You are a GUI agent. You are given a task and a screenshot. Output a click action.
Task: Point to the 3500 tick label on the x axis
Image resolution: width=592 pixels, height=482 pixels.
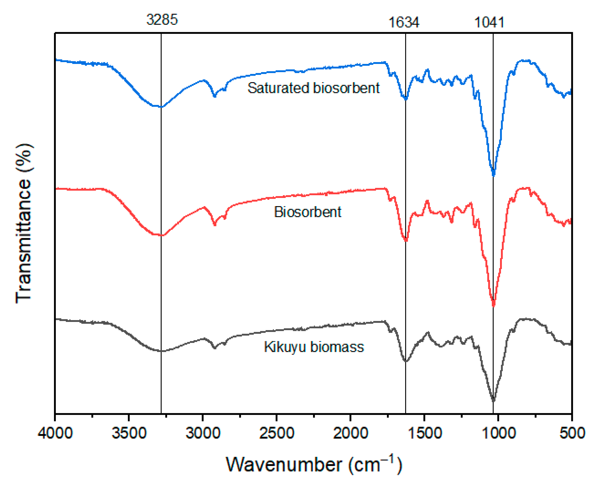[x=129, y=433]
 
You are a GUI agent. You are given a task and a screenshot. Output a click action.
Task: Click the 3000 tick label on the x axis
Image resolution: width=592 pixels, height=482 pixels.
[x=203, y=433]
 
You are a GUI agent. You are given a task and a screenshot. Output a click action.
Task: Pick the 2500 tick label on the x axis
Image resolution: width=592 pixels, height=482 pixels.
[x=276, y=433]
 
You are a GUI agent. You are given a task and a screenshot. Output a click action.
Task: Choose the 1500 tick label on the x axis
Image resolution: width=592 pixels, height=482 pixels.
[x=424, y=433]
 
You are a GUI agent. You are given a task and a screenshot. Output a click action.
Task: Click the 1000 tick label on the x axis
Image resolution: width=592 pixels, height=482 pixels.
[x=498, y=433]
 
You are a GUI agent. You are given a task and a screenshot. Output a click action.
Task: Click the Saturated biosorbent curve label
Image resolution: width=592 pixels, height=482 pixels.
[x=313, y=88]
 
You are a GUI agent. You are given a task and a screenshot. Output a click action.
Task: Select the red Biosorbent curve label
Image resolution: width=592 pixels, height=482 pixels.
[x=307, y=212]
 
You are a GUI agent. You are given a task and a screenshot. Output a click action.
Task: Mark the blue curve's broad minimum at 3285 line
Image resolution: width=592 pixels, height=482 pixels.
[x=161, y=107]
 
